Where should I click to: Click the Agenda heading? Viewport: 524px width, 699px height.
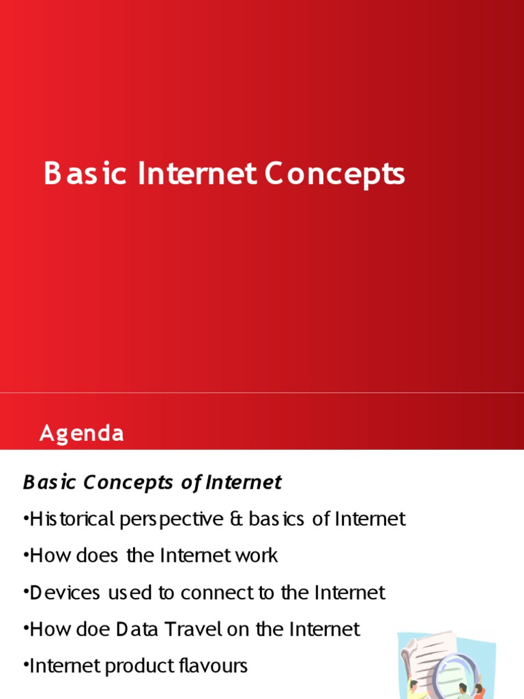click(x=82, y=433)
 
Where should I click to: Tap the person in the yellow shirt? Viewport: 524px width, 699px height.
click(x=413, y=688)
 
